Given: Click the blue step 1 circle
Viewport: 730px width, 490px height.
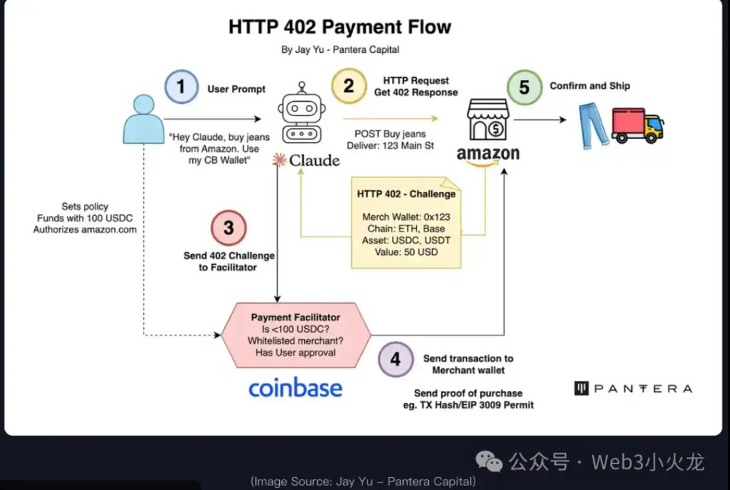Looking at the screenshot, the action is point(181,86).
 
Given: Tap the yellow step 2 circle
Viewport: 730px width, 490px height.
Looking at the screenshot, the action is point(349,86).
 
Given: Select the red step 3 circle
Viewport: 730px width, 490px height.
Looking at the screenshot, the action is point(228,228).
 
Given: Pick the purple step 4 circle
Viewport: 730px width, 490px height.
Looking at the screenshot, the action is point(396,359).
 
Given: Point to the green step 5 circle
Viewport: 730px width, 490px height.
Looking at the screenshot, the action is point(524,87).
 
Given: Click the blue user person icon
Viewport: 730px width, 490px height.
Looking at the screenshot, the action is point(143,119).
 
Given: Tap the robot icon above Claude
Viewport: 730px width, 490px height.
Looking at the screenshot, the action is point(302,113).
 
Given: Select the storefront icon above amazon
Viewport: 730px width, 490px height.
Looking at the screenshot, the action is point(488,119).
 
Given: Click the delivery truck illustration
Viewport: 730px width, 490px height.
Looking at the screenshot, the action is point(637,124).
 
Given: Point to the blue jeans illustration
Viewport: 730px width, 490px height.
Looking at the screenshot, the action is point(593,126).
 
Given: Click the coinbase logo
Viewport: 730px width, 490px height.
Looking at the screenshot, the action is point(295,388).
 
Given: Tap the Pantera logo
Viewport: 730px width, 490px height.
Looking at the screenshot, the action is point(633,389).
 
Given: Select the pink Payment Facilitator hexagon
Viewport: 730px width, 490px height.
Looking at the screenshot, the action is point(295,335).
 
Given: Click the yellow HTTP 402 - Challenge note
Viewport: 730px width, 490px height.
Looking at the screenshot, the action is point(406,222).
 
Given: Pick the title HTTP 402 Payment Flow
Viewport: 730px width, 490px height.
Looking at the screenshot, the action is point(340,27).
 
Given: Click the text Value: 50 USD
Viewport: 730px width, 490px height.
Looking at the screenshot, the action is point(406,252).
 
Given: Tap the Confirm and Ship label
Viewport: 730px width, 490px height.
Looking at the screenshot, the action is point(590,86).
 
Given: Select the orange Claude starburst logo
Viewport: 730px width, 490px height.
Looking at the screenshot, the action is point(279,160).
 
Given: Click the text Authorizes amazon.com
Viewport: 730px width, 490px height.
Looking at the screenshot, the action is point(84,230).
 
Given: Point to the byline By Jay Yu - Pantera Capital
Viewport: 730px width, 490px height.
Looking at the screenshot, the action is point(340,50).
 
